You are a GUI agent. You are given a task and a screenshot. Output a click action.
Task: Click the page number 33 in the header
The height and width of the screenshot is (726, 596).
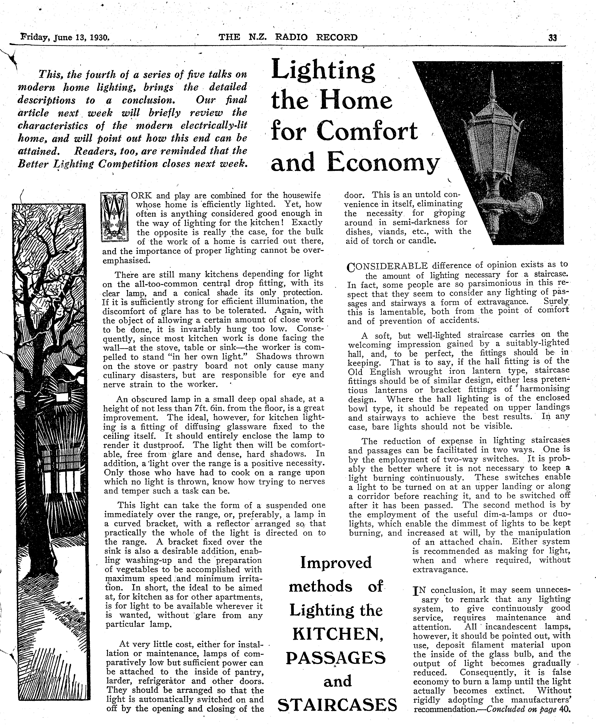(552, 38)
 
